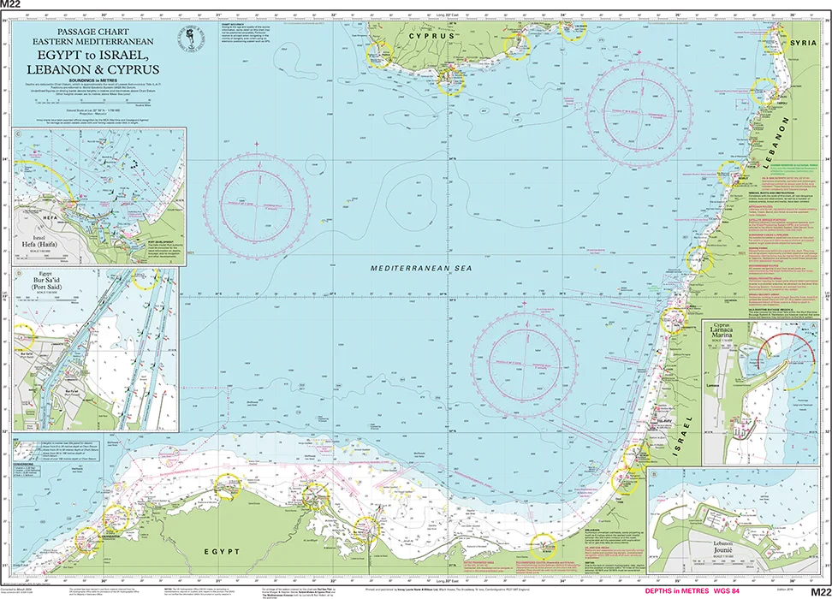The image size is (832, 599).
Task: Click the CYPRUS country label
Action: pos(430,37)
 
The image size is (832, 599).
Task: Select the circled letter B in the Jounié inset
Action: pos(654,473)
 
